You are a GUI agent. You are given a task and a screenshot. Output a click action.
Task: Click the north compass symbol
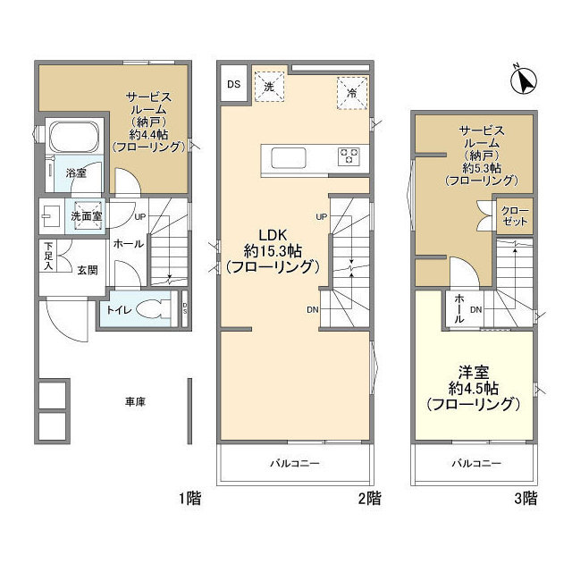coord(524,80)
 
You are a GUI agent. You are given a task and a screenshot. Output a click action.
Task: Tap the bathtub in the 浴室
coord(74,138)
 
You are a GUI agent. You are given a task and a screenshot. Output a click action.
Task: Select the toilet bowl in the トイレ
coord(154,309)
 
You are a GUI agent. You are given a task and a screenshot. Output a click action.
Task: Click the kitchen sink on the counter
coord(288,158)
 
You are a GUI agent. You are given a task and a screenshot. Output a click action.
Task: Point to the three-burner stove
coord(349,156)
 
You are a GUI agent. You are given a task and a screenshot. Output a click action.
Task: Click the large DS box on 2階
coord(234,84)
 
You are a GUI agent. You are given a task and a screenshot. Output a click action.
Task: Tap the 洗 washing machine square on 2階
coord(269,87)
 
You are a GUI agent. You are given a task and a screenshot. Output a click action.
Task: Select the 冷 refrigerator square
coord(352,93)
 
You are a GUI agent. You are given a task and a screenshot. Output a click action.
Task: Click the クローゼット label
coord(515,216)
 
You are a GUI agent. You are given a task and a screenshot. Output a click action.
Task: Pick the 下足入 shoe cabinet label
coord(48,257)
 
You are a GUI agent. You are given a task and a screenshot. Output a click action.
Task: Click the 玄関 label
coord(88,270)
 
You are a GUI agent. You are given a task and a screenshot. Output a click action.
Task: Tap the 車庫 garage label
coord(135,401)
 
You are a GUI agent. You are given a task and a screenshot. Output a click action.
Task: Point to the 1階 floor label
coord(189,498)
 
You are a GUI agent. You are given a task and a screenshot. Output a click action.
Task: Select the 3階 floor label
coord(526,498)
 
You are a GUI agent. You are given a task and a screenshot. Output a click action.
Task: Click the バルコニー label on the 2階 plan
coord(295,463)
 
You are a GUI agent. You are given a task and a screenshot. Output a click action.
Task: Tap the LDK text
coord(273,235)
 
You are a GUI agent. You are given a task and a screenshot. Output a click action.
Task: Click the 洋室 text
coord(474,373)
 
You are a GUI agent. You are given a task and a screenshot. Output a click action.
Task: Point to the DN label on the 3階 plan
coord(476,310)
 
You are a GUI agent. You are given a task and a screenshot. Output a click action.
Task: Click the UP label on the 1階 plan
coord(140,216)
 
